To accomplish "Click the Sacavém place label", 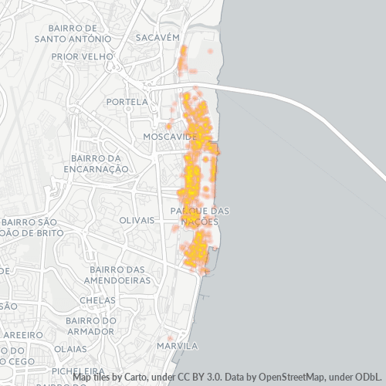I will (151, 36).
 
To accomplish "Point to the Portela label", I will (127, 101).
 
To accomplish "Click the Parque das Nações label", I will (200, 215).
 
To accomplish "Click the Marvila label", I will (171, 347).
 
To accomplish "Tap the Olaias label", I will (70, 349).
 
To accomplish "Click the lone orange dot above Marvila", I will (170, 337).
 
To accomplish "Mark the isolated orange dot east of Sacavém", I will (210, 51).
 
